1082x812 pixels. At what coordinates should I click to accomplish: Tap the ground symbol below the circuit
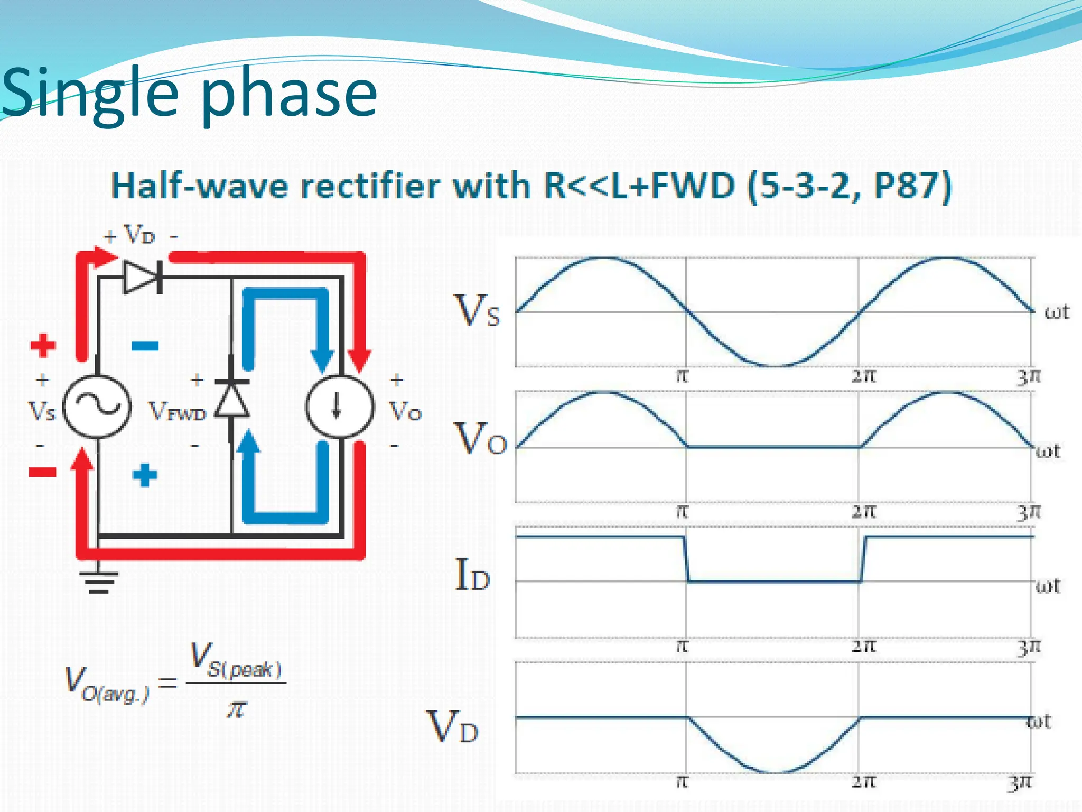pyautogui.click(x=99, y=582)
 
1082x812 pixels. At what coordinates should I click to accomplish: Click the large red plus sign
pyautogui.click(x=43, y=345)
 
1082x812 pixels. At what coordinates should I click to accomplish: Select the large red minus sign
pyautogui.click(x=42, y=472)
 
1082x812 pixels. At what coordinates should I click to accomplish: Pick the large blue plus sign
pyautogui.click(x=145, y=475)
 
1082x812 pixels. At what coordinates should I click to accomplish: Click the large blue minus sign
pyautogui.click(x=145, y=346)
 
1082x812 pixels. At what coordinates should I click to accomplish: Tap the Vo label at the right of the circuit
pyautogui.click(x=405, y=411)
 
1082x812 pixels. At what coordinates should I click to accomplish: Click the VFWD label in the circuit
pyautogui.click(x=177, y=411)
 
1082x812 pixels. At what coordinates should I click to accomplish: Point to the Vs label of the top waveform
pyautogui.click(x=477, y=311)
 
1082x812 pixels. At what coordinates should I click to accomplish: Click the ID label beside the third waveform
pyautogui.click(x=472, y=575)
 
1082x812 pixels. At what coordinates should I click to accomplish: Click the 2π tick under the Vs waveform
pyautogui.click(x=863, y=376)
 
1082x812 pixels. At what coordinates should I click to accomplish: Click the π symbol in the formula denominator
pyautogui.click(x=236, y=709)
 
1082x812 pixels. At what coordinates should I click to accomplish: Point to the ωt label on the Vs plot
pyautogui.click(x=1057, y=312)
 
